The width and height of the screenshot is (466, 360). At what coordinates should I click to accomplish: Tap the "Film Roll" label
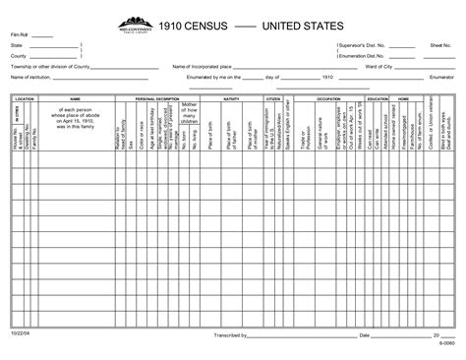tap(20, 37)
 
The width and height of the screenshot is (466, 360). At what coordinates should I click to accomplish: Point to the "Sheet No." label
tap(440, 46)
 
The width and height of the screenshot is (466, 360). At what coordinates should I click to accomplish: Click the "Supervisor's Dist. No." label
tap(359, 46)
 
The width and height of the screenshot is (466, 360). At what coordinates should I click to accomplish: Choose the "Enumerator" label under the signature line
tap(441, 75)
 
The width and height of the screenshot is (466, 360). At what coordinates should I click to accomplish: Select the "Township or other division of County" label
tap(48, 66)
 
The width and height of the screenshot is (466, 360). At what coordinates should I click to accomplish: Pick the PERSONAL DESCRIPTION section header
tap(157, 99)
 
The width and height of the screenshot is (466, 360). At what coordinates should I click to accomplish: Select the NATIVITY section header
tap(232, 99)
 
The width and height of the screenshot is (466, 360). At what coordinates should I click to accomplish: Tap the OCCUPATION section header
tap(328, 99)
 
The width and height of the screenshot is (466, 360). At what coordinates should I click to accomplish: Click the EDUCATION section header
tap(377, 99)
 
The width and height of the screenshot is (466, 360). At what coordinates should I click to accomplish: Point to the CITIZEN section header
tap(273, 99)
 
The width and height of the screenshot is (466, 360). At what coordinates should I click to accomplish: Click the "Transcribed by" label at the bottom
tap(228, 335)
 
